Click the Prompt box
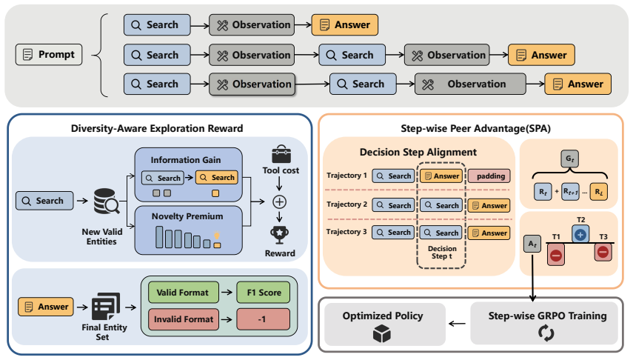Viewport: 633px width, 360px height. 49,55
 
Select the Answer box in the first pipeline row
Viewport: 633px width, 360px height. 345,24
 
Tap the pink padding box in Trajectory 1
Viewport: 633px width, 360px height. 489,176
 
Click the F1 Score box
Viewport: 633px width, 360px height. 264,293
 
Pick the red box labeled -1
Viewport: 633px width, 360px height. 264,319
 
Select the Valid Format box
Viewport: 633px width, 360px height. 184,293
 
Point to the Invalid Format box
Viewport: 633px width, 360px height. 184,319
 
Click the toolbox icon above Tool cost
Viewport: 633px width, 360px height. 281,154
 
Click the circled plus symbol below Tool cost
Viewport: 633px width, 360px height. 279,201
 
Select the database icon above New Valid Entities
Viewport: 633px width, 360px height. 106,201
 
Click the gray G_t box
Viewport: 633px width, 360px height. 569,159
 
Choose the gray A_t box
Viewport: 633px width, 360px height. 532,244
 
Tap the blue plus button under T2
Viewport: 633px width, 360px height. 580,234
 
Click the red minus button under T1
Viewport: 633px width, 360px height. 556,255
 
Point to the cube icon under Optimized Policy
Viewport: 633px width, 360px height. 382,334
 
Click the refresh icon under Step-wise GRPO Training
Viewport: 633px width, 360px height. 546,333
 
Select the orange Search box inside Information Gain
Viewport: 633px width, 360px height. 217,177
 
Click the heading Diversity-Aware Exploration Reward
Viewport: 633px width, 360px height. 157,128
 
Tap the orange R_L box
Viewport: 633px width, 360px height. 598,192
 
